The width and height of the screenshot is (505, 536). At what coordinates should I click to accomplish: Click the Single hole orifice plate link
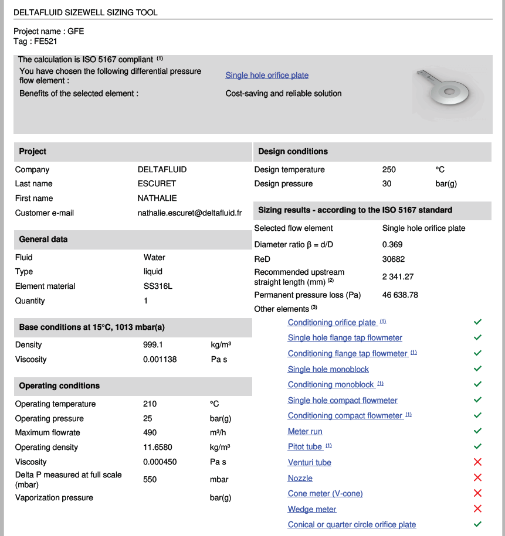click(x=267, y=76)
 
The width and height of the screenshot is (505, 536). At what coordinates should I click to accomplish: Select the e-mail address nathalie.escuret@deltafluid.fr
click(x=189, y=213)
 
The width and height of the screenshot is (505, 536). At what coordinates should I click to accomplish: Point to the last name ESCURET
click(x=157, y=184)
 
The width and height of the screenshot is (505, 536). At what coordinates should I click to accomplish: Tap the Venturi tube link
click(x=309, y=463)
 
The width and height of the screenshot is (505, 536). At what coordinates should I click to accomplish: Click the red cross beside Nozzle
click(x=477, y=478)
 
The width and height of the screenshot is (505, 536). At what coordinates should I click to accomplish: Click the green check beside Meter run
click(x=477, y=431)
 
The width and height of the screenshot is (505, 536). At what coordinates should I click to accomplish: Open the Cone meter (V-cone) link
click(x=325, y=494)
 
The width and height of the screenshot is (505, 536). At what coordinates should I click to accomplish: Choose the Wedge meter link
click(x=312, y=509)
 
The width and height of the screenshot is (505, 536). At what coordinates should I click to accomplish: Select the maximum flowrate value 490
click(x=150, y=433)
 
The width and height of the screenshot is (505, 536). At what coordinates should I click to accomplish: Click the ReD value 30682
click(x=394, y=259)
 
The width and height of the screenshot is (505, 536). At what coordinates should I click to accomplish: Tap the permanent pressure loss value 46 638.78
click(x=400, y=295)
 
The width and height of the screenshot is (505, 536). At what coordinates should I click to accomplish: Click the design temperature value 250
click(x=389, y=170)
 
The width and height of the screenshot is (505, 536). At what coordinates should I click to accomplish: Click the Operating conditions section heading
click(x=59, y=386)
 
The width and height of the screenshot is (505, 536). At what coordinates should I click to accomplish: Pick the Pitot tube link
click(x=305, y=447)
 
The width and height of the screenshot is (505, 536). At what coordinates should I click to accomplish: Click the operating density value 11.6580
click(x=157, y=448)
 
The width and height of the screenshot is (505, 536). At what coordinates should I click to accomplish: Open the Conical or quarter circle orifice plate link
click(x=351, y=525)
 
